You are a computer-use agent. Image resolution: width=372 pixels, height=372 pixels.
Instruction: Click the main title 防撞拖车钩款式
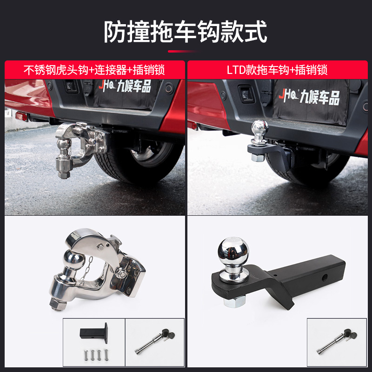click(186, 32)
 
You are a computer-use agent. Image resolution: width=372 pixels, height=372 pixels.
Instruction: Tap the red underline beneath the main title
click(184, 51)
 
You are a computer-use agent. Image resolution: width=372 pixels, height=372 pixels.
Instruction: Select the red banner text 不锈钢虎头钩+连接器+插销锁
click(94, 70)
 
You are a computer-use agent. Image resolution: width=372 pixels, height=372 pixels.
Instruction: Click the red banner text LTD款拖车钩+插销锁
click(277, 70)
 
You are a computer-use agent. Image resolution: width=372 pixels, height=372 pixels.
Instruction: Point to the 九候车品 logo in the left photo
click(125, 86)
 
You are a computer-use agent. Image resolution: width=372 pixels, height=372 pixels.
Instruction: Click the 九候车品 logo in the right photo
click(309, 97)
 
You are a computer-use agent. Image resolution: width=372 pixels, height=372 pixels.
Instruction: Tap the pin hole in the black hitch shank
click(325, 277)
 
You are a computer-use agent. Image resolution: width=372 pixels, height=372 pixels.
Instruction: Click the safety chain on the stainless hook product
click(86, 270)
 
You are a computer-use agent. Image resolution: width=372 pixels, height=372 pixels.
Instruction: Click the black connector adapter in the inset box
click(94, 332)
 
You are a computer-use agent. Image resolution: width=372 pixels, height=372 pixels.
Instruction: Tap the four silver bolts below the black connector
click(96, 354)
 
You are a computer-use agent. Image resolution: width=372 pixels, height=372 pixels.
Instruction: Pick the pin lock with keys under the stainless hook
click(155, 341)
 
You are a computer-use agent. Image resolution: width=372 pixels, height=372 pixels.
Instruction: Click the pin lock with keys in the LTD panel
click(337, 341)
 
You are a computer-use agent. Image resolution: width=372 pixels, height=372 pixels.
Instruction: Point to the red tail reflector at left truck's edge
click(21, 116)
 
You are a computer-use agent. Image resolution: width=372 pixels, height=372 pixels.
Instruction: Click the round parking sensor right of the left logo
click(169, 88)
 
